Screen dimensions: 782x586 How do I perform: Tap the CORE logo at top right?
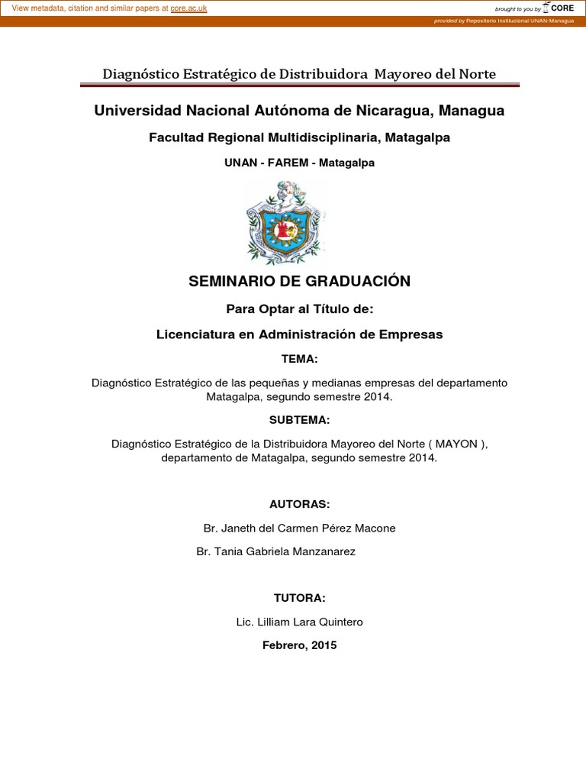pyautogui.click(x=558, y=8)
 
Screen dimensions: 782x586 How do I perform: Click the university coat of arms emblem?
pyautogui.click(x=286, y=222)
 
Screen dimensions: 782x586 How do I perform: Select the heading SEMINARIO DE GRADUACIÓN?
pyautogui.click(x=299, y=281)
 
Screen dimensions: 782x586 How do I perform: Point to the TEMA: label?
pyautogui.click(x=299, y=359)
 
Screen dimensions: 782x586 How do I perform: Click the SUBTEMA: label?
pyautogui.click(x=299, y=420)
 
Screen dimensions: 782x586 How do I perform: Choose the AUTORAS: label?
pyautogui.click(x=299, y=504)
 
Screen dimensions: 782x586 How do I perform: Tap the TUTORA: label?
pyautogui.click(x=299, y=597)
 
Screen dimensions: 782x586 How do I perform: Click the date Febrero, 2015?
pyautogui.click(x=299, y=645)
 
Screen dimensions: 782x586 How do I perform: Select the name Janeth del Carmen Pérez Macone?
pyautogui.click(x=309, y=528)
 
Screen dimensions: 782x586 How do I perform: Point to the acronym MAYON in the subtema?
pyautogui.click(x=456, y=443)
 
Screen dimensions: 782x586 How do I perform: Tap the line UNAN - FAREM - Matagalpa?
pyautogui.click(x=299, y=163)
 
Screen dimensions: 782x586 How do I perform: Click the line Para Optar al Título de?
pyautogui.click(x=299, y=309)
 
